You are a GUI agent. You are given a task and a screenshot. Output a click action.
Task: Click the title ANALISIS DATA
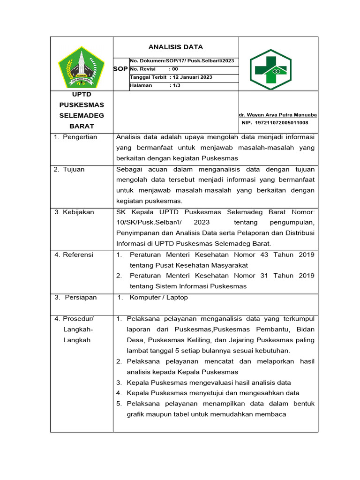point(176,47)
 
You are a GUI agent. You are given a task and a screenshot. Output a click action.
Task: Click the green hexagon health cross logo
point(270,69)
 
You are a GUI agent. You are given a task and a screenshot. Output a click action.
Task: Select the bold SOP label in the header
point(120,69)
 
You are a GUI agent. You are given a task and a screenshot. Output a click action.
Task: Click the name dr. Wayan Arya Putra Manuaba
point(277,115)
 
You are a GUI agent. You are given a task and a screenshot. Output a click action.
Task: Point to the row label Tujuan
point(74,169)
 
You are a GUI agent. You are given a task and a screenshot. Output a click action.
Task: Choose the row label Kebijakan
point(78,212)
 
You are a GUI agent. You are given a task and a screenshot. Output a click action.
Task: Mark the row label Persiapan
point(81,297)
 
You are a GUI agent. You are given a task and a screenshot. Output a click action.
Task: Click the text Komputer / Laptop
point(158,297)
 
